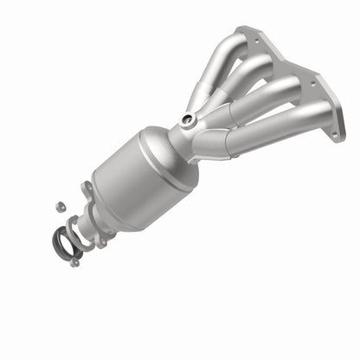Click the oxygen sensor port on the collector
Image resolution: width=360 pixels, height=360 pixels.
pyautogui.click(x=187, y=119)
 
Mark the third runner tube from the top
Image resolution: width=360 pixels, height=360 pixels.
pyautogui.click(x=260, y=102)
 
